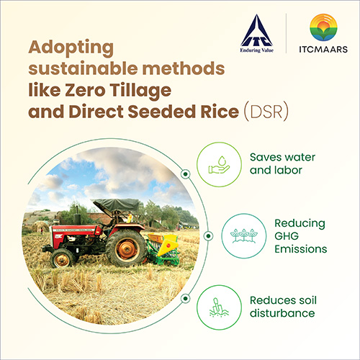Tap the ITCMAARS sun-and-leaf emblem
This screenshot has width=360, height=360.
tap(323, 27)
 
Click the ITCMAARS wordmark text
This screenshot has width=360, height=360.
tap(323, 49)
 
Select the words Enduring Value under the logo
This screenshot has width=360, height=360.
tap(257, 50)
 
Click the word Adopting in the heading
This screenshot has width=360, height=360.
tap(71, 48)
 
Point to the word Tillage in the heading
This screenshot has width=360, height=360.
tap(141, 91)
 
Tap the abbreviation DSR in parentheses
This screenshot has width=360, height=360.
tap(266, 112)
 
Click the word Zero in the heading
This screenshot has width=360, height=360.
tap(85, 91)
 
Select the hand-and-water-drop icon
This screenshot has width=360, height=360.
tap(220, 165)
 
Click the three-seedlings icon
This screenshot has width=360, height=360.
tap(244, 236)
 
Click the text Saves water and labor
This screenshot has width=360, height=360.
tap(282, 163)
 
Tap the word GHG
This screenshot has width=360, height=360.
tap(287, 236)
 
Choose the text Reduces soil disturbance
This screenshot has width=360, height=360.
tap(283, 307)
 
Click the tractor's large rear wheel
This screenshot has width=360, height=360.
tap(126, 248)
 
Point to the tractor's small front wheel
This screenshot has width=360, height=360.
tap(62, 258)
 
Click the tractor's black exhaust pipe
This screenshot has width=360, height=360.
tap(77, 215)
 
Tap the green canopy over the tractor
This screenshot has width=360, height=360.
tap(116, 204)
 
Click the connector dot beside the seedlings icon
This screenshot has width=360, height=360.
tap(208, 236)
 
